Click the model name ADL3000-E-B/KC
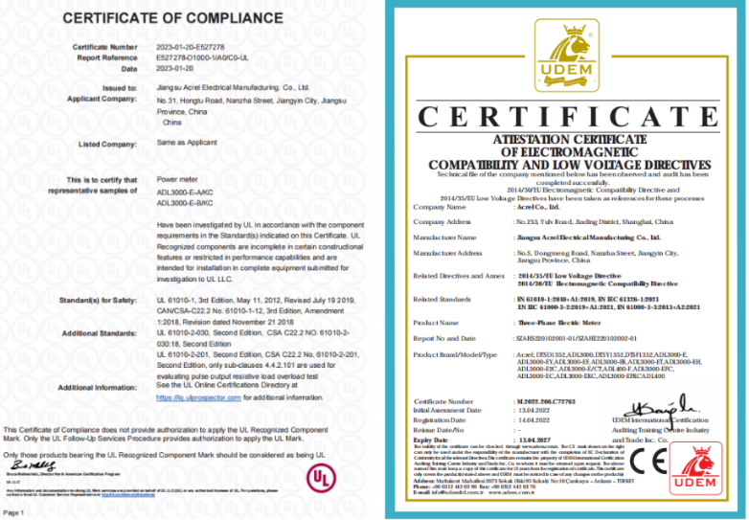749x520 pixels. (x=184, y=203)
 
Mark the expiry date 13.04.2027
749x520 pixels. (x=537, y=440)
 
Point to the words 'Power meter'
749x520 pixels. (x=177, y=179)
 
